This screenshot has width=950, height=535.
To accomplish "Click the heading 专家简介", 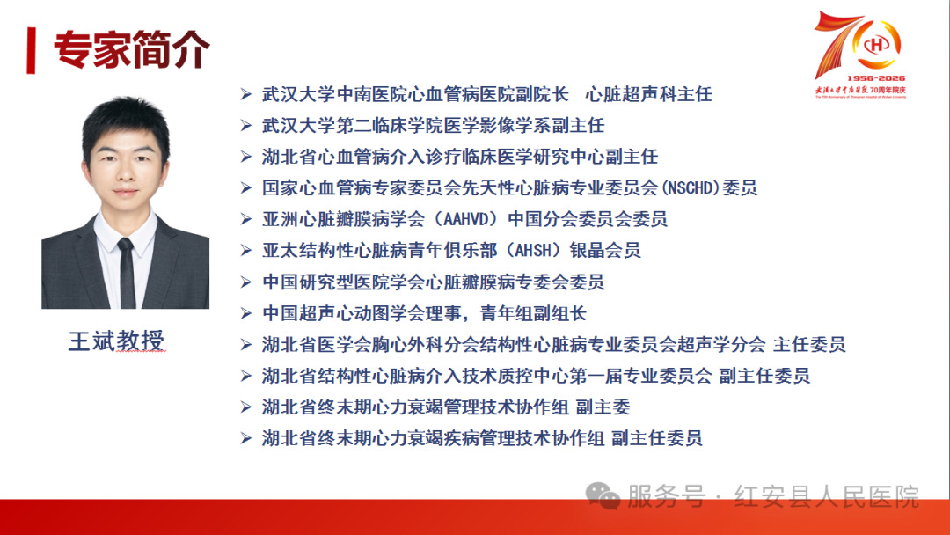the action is [132, 49].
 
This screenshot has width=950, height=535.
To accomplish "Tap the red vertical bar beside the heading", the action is [31, 50].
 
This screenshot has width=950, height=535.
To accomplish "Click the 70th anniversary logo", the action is [860, 54].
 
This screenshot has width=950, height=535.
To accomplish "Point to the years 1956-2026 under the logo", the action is [875, 78].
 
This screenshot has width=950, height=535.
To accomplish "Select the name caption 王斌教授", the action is [116, 341].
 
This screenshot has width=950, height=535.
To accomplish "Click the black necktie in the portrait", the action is [126, 273].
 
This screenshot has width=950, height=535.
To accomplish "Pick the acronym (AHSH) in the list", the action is [531, 250].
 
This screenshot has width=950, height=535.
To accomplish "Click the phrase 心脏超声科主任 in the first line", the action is [648, 94].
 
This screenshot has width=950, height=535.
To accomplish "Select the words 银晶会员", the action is [604, 250].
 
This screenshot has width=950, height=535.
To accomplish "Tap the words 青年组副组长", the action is [533, 313].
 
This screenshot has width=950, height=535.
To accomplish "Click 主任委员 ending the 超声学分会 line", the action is [809, 345].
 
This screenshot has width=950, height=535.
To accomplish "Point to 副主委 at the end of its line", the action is [603, 407].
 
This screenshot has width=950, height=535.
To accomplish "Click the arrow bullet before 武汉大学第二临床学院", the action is [245, 126].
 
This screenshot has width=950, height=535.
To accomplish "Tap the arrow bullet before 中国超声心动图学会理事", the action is [245, 313].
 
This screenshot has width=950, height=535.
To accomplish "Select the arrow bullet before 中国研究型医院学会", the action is [245, 282].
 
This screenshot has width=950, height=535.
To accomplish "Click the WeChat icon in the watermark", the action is [603, 496].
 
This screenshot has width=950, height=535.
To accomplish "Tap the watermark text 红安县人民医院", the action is [826, 497].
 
